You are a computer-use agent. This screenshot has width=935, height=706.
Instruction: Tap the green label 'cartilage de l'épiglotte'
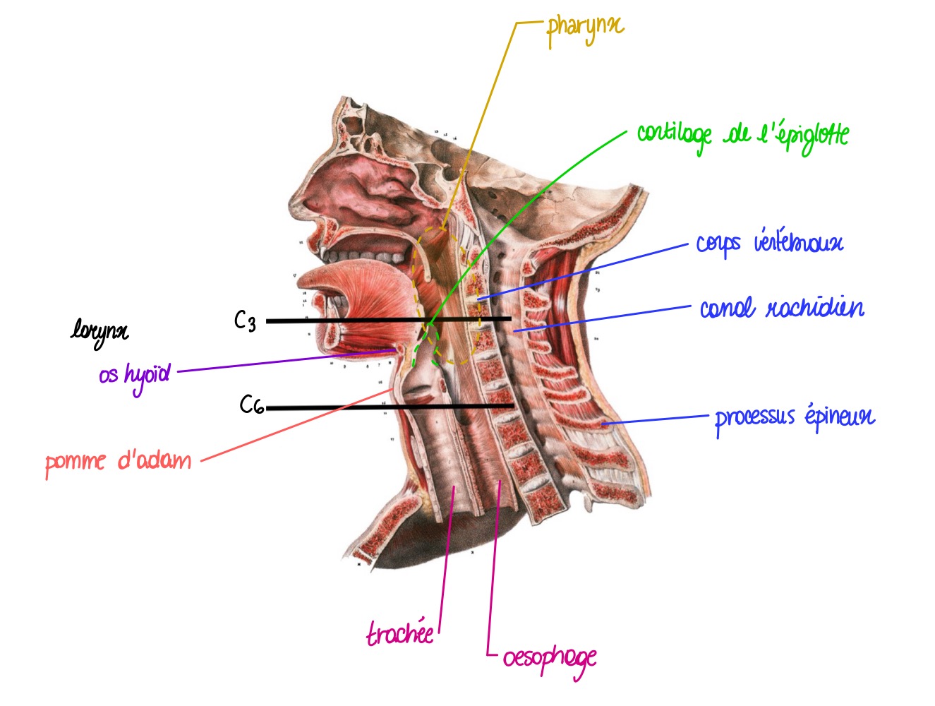[x=742, y=134]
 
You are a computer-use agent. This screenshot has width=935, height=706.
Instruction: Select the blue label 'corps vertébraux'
[x=769, y=244]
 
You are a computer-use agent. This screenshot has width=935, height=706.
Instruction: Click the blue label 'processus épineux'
[x=795, y=417]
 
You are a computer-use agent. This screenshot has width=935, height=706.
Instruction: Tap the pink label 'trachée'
[x=400, y=633]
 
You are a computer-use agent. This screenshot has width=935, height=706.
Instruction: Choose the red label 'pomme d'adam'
[x=118, y=462]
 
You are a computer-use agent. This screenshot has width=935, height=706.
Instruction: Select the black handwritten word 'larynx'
[x=99, y=330]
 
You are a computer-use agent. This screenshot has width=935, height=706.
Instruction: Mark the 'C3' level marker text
[x=245, y=321]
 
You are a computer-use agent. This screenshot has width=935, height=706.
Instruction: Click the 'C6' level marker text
[x=251, y=405]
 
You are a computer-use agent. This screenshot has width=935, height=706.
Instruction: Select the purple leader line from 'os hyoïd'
[x=282, y=361]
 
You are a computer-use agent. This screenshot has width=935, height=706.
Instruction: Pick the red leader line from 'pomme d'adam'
[x=296, y=425]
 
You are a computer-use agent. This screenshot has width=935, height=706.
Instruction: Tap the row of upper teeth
[x=367, y=256]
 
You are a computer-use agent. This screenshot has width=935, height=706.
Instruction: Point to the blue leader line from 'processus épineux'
[x=656, y=420]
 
